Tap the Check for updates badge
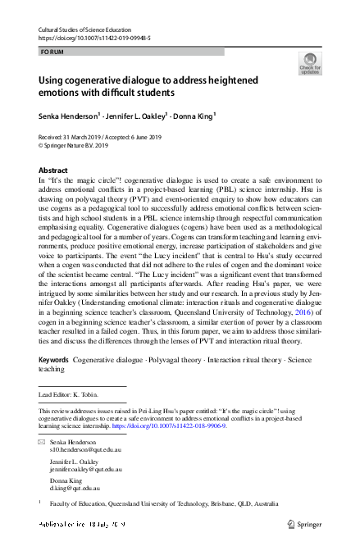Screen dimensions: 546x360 [x=310, y=63]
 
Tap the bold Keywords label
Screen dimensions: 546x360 [x=53, y=384]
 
